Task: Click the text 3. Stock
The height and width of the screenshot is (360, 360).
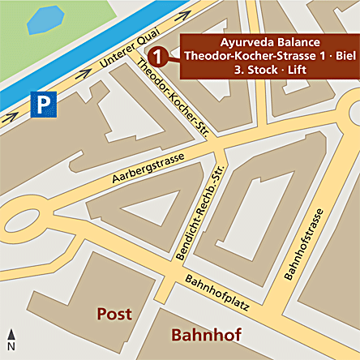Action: pos(242,70)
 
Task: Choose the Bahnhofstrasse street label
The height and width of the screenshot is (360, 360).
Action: pos(304,243)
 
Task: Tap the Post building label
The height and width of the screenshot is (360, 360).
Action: pos(114,313)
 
